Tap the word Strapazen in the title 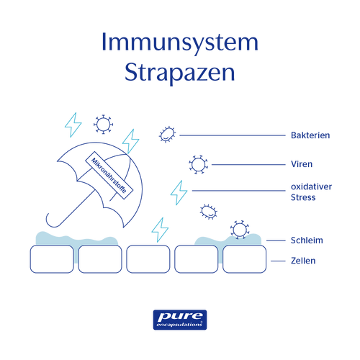pos(180,73)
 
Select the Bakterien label pos(310,135)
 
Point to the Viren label pos(302,164)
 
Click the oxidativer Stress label pos(311,192)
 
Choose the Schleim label pos(307,240)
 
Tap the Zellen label pos(303,261)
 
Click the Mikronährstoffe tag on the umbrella pos(109,175)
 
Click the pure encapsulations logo pos(180,320)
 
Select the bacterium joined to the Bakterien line pos(167,135)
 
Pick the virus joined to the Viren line pos(198,165)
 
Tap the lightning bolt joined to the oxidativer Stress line pos(179,193)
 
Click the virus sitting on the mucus pos(240,230)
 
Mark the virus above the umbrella pos(103,125)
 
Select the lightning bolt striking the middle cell pos(160,230)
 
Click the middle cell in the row pos(148,259)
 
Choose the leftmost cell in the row pos(52,259)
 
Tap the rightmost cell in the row pos(245,259)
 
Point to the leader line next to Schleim pos(276,240)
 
